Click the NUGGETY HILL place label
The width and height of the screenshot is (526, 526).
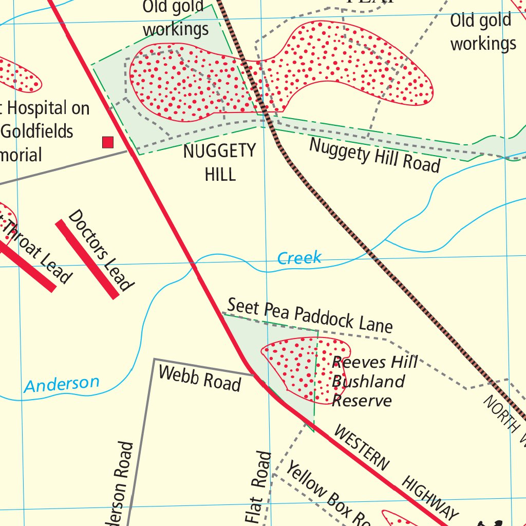pyautogui.click(x=219, y=162)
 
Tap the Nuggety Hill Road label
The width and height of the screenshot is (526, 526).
pyautogui.click(x=374, y=155)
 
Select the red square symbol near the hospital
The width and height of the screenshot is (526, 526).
pyautogui.click(x=107, y=142)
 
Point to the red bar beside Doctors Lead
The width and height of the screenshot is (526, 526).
pyautogui.click(x=87, y=259)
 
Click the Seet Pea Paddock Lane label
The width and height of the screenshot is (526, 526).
pyautogui.click(x=310, y=315)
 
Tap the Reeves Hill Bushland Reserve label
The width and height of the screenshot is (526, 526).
pyautogui.click(x=374, y=381)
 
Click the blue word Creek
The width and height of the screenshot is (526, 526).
pyautogui.click(x=299, y=258)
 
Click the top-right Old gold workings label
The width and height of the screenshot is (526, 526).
pyautogui.click(x=482, y=32)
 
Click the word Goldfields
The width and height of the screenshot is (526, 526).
pyautogui.click(x=37, y=131)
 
